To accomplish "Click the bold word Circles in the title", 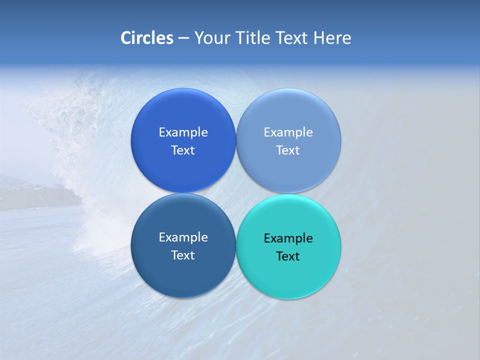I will (x=147, y=38).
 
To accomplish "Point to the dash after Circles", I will (x=183, y=38).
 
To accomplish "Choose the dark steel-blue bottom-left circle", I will (x=183, y=275).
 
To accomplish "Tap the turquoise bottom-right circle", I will (x=288, y=275).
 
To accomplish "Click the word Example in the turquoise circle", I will (x=288, y=238).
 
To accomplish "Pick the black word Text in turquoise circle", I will (x=288, y=256).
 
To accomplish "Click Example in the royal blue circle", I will (x=183, y=132).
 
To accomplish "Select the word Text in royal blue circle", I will (x=183, y=150).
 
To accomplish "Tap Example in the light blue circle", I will (x=288, y=132).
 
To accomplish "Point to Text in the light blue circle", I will (x=288, y=150).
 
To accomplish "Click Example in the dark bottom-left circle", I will (x=183, y=237).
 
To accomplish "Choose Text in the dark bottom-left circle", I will (x=183, y=255).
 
